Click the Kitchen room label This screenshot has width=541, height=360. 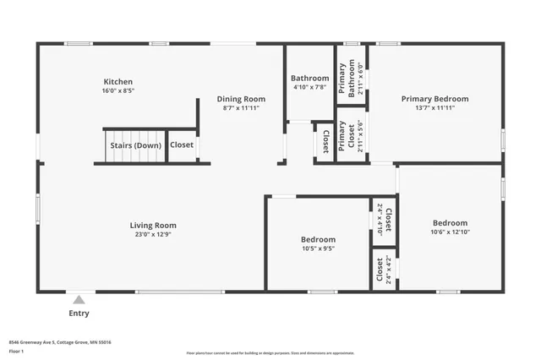coord(118,81)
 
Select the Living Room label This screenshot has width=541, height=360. coord(153,225)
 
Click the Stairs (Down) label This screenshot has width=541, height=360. coord(135,145)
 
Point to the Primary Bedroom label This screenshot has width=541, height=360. coord(434,99)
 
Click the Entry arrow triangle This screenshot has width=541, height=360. coord(79,299)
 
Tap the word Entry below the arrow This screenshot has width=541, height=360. coord(79,313)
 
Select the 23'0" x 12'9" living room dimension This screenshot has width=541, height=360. coord(153,235)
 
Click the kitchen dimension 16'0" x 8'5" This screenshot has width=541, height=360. coord(118,90)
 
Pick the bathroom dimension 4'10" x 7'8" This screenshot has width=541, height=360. coord(310,88)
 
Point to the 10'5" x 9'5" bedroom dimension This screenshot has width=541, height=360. coord(319,249)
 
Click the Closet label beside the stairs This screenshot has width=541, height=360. coord(182,145)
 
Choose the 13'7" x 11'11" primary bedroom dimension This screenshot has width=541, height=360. coord(434,108)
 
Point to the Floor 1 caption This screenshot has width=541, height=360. coord(17,350)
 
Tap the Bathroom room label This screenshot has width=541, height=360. coord(310,79)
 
